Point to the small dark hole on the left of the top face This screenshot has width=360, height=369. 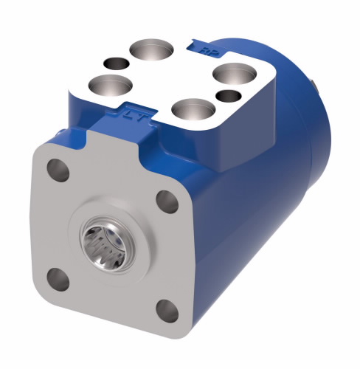[114, 63]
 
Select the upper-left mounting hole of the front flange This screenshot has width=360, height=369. [60, 170]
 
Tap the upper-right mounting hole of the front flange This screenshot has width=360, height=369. [167, 200]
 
